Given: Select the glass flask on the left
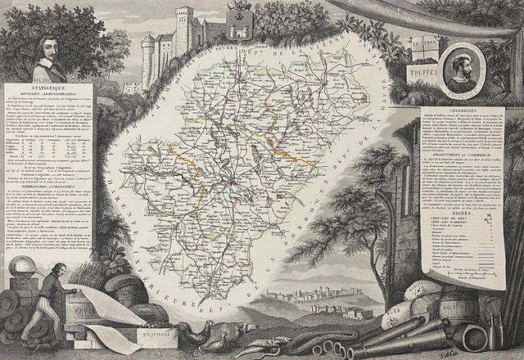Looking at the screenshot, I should (x=20, y=270).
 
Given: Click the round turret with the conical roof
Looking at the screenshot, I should (x=149, y=53).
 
